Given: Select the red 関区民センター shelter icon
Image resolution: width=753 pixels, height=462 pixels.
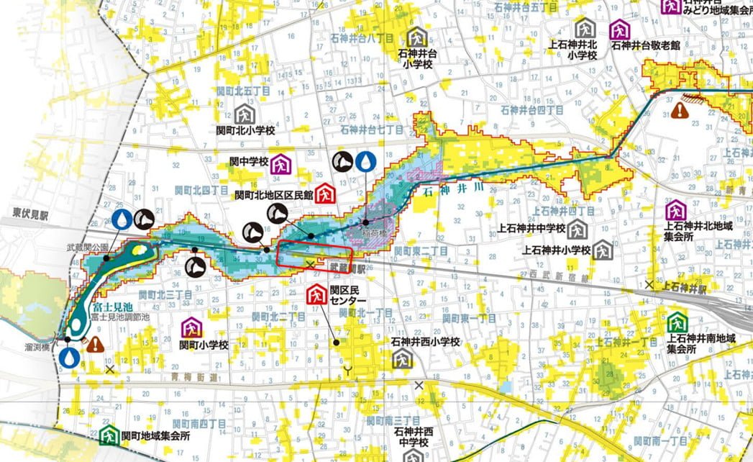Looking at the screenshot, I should [315, 294].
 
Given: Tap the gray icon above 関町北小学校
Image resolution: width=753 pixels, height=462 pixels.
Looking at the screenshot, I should [245, 114].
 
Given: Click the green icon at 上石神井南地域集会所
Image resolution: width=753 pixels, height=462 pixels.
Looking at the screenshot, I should [676, 321].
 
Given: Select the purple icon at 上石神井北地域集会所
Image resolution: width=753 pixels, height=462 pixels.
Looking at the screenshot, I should [675, 211].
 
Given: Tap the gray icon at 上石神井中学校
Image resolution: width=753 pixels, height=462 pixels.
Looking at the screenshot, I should [576, 230].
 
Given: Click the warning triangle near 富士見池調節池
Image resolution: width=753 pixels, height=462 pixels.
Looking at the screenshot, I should [95, 343].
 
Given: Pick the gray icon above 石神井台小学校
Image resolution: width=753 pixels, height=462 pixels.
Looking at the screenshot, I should [417, 37].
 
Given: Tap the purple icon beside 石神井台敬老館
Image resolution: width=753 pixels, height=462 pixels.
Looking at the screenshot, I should [619, 30].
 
